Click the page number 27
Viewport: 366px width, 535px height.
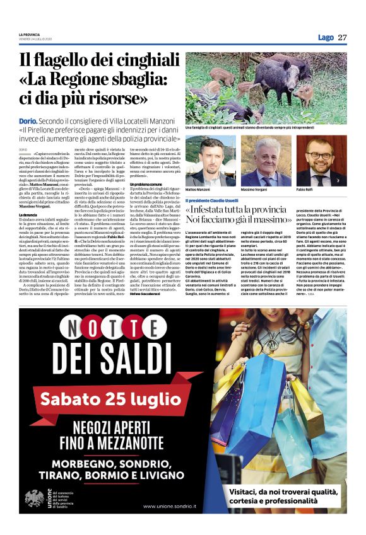tap(343, 37)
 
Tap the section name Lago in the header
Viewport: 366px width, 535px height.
tap(326, 38)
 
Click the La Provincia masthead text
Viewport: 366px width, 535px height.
tap(28, 34)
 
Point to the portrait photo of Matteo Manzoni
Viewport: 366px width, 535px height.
tap(211, 161)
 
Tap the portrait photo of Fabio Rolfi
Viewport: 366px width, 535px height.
tap(322, 161)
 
